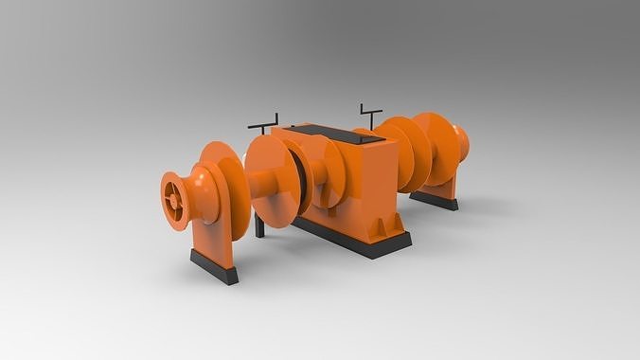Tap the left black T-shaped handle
262,123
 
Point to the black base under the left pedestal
214,266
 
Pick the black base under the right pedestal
434,200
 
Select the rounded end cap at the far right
462,143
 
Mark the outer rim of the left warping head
166,201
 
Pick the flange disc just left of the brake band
273,182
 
